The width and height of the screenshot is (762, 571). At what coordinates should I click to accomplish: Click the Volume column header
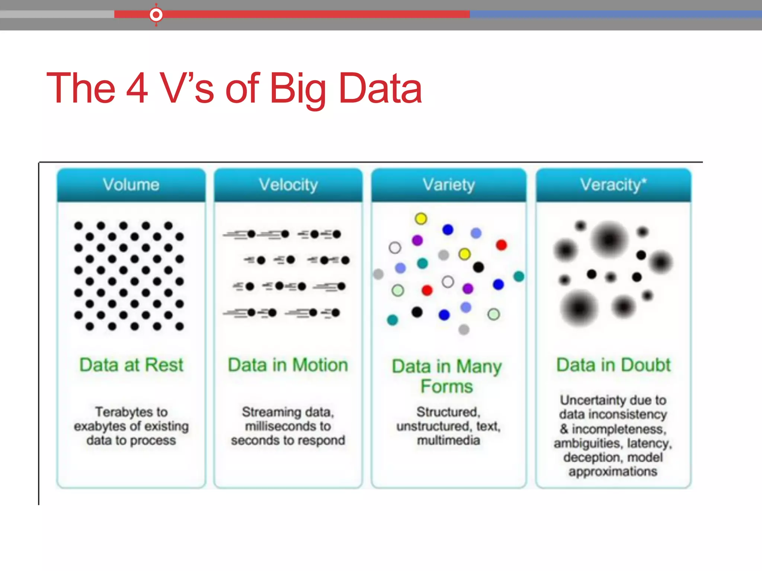131,185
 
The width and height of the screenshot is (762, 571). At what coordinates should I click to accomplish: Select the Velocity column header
288,185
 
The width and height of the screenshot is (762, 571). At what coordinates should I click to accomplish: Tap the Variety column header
449,185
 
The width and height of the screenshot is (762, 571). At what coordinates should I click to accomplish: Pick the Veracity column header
611,185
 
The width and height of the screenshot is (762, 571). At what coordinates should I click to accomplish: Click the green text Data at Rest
131,365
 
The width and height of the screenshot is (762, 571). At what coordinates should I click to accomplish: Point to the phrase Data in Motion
288,365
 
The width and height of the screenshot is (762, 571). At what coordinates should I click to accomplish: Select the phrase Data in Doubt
613,365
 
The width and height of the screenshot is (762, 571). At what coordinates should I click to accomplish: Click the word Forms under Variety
447,386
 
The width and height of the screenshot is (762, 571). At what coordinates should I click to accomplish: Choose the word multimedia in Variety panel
448,440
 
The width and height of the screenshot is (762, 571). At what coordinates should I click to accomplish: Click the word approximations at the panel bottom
613,471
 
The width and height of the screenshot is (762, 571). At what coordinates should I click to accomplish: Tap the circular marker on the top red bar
156,14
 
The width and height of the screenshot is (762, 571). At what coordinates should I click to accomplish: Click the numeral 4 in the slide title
137,88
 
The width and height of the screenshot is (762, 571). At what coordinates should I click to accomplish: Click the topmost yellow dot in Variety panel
421,219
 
